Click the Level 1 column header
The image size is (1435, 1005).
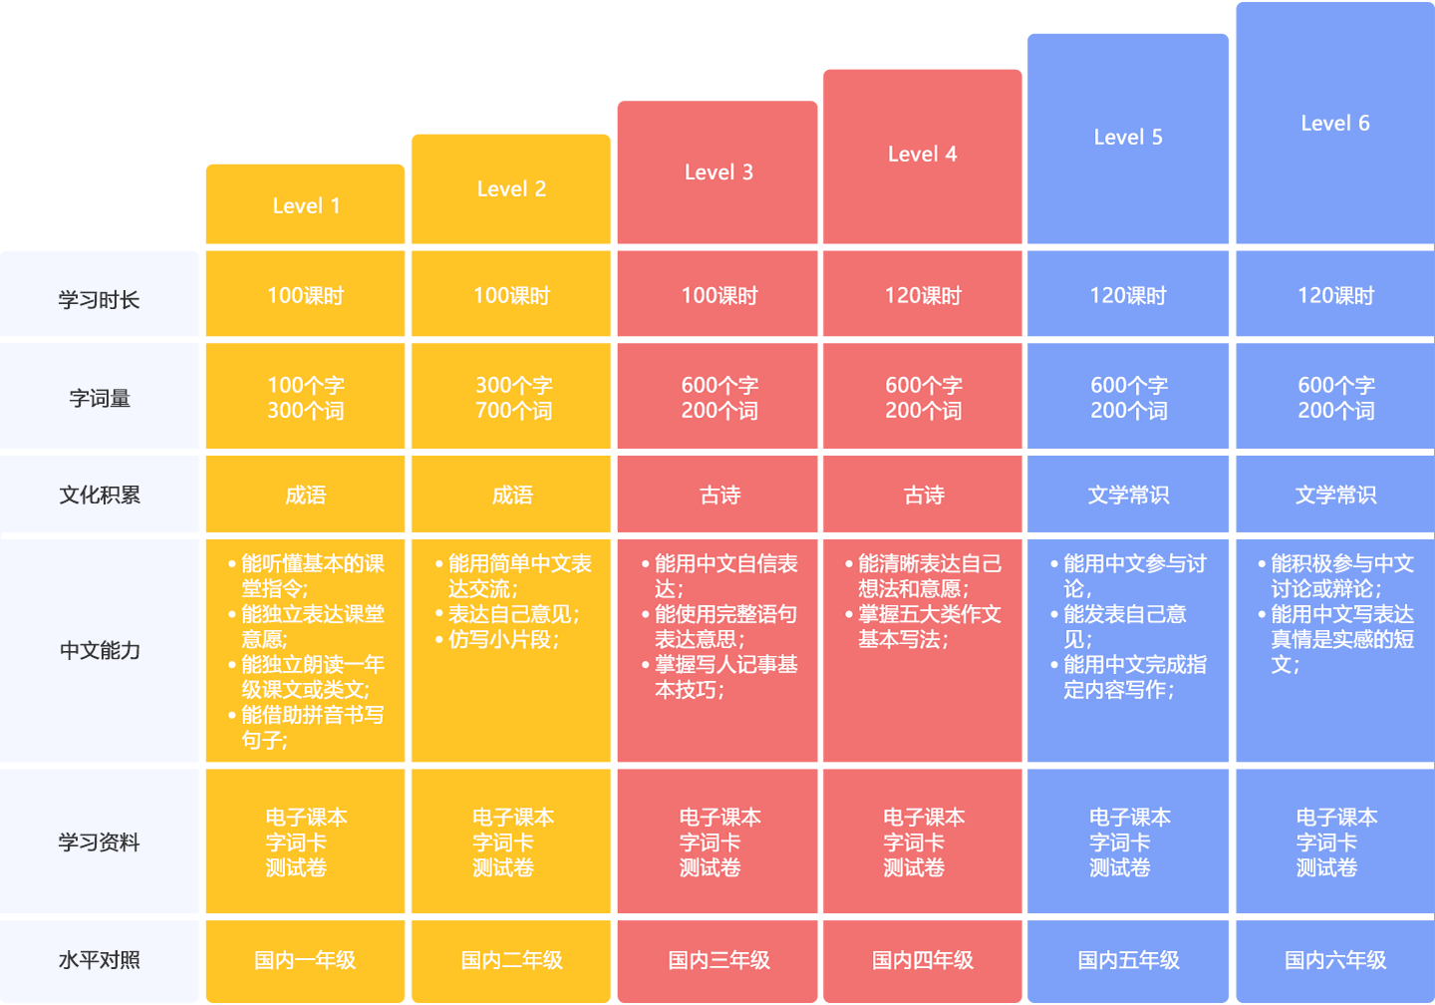306,206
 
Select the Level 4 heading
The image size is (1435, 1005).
922,155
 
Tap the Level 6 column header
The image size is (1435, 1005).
1334,124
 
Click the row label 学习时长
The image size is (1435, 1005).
99,300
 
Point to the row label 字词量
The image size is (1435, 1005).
100,399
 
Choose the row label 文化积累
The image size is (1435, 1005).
100,496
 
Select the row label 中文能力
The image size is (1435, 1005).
100,651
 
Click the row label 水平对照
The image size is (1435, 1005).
100,960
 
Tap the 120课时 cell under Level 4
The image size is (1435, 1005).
923,296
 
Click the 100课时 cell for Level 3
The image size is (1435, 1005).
719,296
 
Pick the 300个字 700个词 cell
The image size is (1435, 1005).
513,398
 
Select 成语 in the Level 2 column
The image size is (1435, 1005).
512,496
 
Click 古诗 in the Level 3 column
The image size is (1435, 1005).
719,496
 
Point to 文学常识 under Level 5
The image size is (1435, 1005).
1128,496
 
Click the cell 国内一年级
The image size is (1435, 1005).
305,960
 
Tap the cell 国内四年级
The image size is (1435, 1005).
923,960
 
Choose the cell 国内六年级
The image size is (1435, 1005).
1335,960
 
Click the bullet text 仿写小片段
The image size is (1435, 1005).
503,640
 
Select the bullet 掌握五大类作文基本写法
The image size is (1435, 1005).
929,627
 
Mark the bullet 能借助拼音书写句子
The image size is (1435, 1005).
311,728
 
